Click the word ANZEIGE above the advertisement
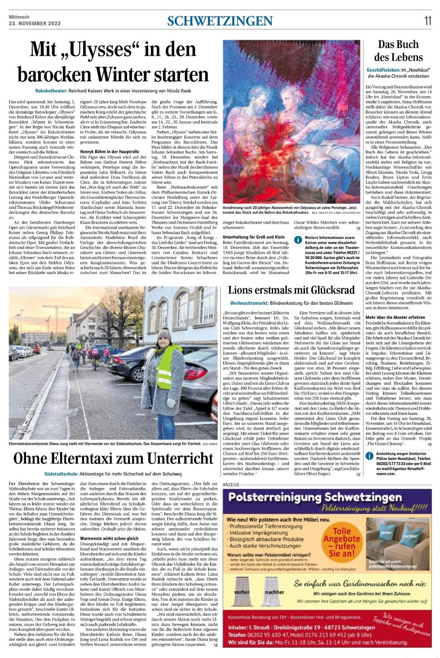click(232, 484)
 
